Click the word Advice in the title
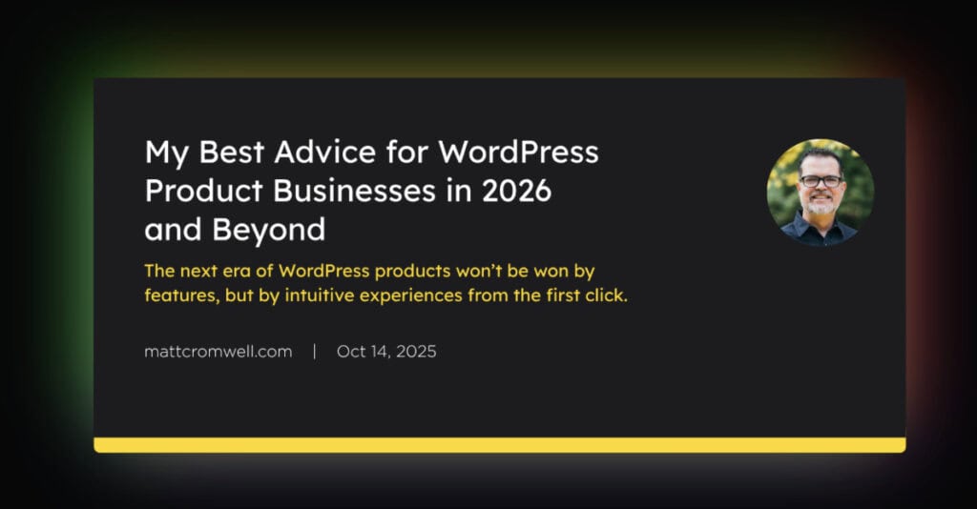point(325,152)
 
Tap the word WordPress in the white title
point(518,152)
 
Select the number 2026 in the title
point(516,191)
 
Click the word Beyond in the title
point(268,231)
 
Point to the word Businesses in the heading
point(354,191)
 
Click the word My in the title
point(166,153)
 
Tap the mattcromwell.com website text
point(218,352)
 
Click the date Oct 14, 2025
point(386,352)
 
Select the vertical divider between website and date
point(315,352)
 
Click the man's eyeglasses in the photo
point(821,181)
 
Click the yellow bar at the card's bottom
point(500,445)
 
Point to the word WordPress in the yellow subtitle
point(324,272)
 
